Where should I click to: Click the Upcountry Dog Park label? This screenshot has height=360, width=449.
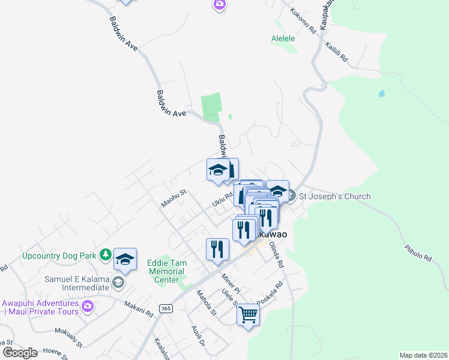coord(59,256)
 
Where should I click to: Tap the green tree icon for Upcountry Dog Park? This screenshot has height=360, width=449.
coord(106,255)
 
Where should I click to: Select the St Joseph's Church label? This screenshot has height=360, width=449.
coord(334,196)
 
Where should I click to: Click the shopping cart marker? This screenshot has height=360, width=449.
coord(248,314)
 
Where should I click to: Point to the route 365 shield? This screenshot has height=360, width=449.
coord(166,308)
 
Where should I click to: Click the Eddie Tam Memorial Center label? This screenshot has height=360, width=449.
coord(167,271)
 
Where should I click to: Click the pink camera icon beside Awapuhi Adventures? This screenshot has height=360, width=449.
coord(88,307)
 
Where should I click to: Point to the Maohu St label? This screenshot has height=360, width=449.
coord(174,199)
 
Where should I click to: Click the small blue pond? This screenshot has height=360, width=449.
coord(381,94)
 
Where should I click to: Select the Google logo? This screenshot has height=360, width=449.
coord(20,352)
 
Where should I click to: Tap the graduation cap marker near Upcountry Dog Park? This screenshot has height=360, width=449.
coord(125,259)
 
